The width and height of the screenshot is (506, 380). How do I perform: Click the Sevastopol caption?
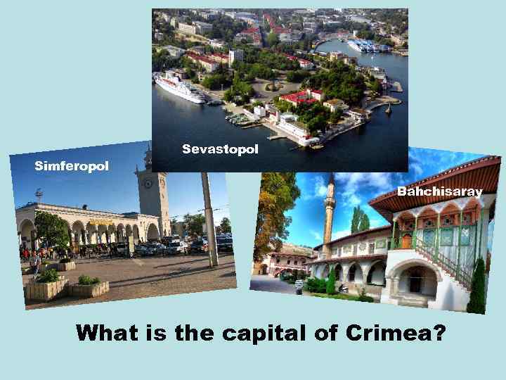point(220,149)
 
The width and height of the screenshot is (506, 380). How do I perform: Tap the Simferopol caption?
point(72,166)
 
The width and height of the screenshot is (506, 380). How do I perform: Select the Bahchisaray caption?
point(440,191)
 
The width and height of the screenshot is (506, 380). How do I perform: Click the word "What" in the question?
point(106,332)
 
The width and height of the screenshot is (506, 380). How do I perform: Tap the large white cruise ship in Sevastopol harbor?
point(180,89)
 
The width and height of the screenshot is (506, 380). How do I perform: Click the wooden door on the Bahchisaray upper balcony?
point(406,241)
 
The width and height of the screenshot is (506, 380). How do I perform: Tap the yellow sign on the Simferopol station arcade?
point(100,222)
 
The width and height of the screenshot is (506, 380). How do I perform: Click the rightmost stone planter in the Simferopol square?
point(89,286)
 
